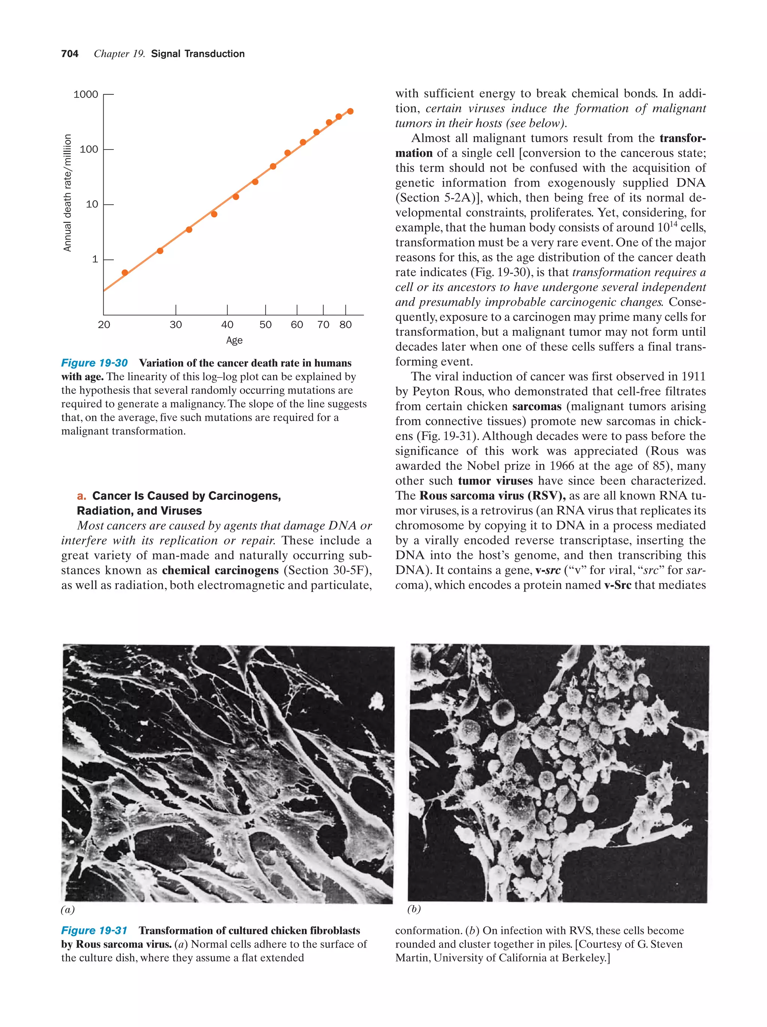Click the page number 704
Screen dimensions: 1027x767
coord(70,54)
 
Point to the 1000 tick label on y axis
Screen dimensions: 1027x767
coord(86,95)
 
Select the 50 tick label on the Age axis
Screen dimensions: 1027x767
coord(266,325)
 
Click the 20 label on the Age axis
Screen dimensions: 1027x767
coord(104,325)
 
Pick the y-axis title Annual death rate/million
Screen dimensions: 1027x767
coord(68,193)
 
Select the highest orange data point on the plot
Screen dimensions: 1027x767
coord(350,111)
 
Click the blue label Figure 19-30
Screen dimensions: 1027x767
coord(94,363)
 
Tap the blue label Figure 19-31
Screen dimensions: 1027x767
coord(94,930)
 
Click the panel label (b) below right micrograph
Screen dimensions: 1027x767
coord(414,909)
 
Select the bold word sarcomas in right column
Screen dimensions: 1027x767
coord(536,407)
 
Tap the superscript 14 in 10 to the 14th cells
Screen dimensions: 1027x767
coord(673,224)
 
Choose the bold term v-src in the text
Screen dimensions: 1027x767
coord(548,571)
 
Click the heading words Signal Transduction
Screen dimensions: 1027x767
coord(198,54)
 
